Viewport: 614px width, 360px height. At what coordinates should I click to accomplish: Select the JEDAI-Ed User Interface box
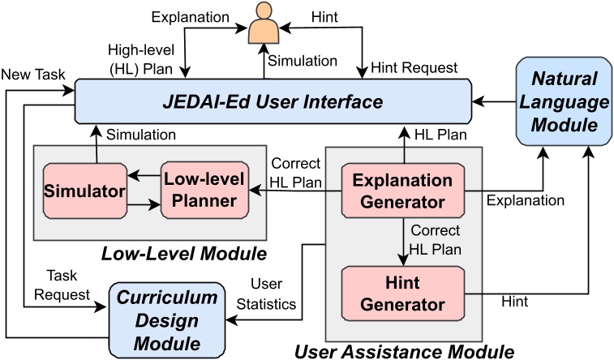pos(273,103)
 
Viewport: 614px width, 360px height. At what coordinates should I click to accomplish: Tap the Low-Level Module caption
pos(184,255)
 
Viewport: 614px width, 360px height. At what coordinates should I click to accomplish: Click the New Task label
pos(32,75)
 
